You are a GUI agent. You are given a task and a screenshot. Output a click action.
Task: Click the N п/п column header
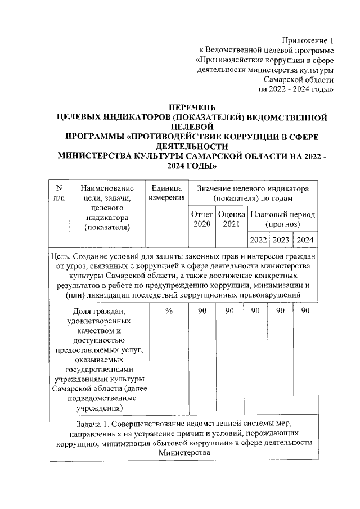pyautogui.click(x=59, y=192)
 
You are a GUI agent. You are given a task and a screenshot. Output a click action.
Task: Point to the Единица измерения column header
pyautogui.click(x=167, y=192)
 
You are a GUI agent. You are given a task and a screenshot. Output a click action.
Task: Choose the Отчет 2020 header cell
pyautogui.click(x=201, y=219)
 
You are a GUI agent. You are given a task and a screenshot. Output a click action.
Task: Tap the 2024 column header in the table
pyautogui.click(x=305, y=240)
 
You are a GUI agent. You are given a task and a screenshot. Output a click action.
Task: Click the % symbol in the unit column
pyautogui.click(x=168, y=311)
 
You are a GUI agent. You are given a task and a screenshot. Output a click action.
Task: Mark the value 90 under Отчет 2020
pyautogui.click(x=202, y=311)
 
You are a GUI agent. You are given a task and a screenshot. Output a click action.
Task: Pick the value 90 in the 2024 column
pyautogui.click(x=305, y=311)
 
